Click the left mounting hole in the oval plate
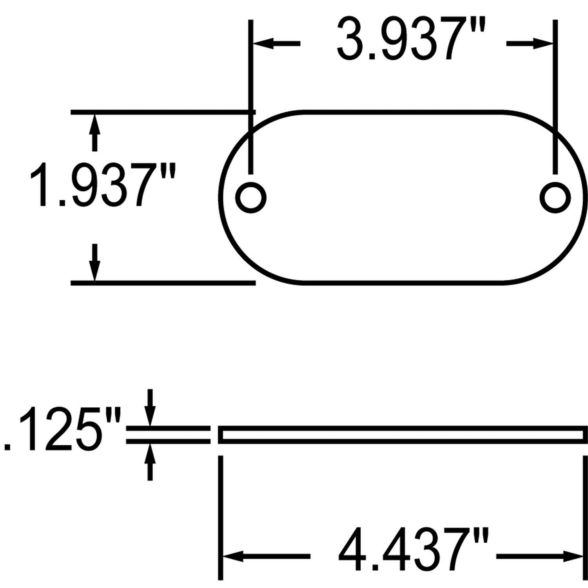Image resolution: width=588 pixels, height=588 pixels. tap(251, 197)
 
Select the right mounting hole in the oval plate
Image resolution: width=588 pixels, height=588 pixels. tap(555, 197)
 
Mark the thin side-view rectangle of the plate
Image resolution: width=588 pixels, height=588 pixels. tap(403, 435)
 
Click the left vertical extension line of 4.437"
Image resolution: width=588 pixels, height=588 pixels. tap(221, 517)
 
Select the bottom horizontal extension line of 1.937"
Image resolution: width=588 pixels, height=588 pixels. tap(163, 282)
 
